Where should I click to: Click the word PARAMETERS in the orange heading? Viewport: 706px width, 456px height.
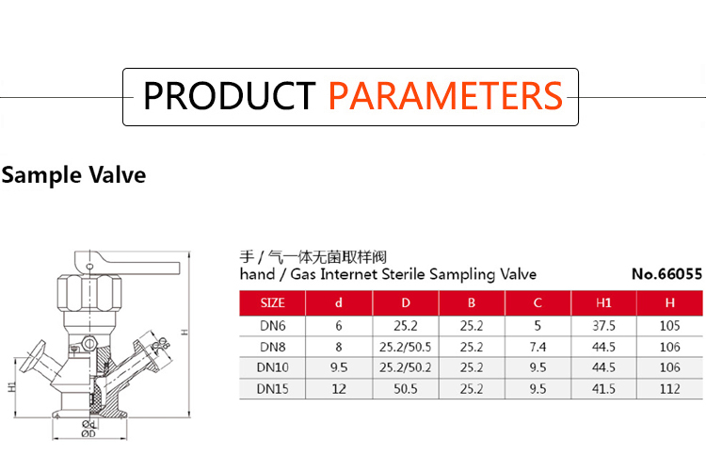445,95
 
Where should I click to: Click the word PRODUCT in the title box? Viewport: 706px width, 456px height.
229,95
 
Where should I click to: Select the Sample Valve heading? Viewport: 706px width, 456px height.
73,175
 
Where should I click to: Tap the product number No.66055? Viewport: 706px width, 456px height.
666,274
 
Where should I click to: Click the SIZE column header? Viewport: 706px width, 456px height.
272,302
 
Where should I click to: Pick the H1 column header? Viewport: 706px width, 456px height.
603,302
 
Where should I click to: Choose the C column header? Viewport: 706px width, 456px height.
538,302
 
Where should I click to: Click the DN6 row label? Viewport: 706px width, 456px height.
272,325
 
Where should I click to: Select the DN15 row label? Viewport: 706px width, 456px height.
272,388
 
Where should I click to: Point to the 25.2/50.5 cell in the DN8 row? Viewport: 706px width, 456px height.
405,347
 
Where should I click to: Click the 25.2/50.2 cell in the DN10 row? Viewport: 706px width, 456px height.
405,367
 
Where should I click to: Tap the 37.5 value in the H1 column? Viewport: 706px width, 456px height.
603,325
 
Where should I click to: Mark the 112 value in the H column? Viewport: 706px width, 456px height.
670,388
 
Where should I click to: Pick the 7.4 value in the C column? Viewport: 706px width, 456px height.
538,347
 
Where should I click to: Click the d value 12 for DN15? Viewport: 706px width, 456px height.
339,388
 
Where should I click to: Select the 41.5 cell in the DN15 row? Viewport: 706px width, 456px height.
603,388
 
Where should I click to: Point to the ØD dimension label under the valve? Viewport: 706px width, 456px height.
88,433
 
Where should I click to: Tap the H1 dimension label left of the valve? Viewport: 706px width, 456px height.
12,386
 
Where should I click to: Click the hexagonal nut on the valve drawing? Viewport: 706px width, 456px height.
89,293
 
